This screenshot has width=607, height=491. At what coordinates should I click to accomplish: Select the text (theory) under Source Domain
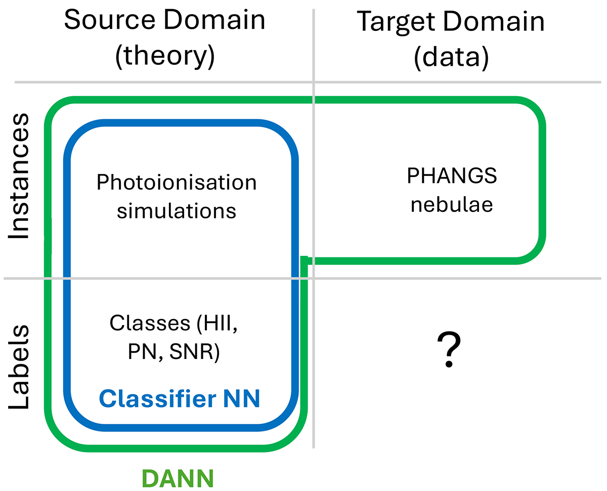[165, 57]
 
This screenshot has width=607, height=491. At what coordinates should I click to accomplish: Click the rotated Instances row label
[20, 177]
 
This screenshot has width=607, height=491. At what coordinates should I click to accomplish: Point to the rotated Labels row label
[20, 367]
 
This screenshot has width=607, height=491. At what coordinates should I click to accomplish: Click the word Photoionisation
[177, 182]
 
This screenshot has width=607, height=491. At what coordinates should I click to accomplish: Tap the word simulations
[177, 210]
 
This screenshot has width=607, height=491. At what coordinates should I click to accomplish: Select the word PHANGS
[451, 176]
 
